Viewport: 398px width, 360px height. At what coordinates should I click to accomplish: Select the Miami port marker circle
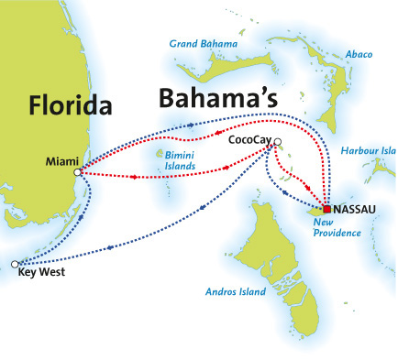tap(78, 171)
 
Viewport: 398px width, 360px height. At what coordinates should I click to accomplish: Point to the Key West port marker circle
tap(15, 264)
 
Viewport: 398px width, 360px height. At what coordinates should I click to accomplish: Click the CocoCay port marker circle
tap(277, 142)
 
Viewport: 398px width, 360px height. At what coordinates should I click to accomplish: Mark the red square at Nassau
tap(326, 209)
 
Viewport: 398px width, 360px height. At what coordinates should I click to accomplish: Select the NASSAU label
tap(359, 210)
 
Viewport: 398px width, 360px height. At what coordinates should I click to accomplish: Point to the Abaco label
tap(360, 54)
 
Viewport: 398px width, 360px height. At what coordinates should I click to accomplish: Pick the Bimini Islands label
tap(178, 162)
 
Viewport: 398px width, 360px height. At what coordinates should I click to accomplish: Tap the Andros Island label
tap(237, 292)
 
